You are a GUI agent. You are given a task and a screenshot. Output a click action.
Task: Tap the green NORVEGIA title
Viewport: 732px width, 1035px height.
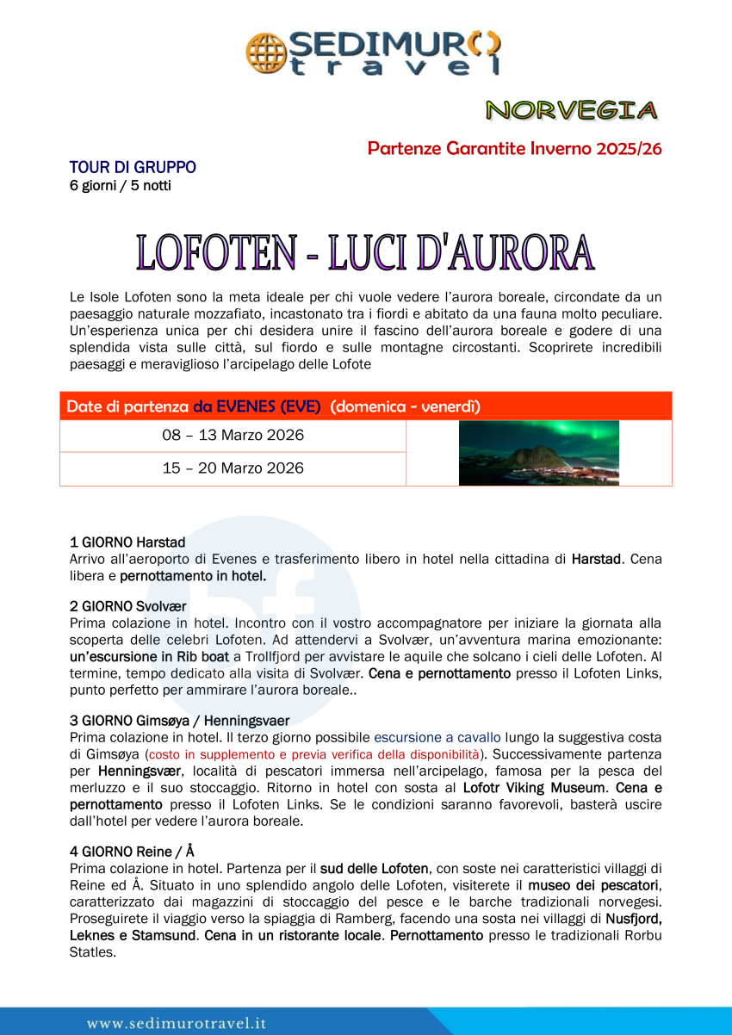coord(571,110)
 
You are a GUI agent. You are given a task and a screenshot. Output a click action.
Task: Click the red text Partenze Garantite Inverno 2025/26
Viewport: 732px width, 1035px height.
coord(514,148)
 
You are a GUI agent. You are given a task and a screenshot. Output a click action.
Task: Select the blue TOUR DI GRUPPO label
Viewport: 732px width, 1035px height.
coord(133,167)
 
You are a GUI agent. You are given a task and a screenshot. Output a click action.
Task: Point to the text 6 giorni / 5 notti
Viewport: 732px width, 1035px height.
coord(120,185)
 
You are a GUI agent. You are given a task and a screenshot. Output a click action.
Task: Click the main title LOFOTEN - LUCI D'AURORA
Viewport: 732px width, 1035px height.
coord(365,251)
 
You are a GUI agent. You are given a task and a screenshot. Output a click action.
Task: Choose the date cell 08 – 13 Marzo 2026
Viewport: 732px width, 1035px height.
coord(233,436)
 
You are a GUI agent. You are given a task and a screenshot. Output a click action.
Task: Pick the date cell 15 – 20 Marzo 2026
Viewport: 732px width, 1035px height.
coord(233,468)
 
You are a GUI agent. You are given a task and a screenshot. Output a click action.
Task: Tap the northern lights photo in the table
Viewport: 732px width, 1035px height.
coord(538,453)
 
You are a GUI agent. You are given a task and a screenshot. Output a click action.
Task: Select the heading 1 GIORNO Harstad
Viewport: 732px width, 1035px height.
coord(127,542)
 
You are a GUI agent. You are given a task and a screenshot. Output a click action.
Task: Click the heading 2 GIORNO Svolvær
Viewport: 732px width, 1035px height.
coord(128,607)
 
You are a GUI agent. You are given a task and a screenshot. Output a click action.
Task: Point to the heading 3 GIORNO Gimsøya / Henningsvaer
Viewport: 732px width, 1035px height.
coord(179,721)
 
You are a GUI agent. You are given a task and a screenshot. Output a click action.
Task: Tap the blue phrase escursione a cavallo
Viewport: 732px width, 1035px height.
coord(437,738)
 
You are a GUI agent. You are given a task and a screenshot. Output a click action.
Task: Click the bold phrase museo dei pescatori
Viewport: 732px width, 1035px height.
coord(593,885)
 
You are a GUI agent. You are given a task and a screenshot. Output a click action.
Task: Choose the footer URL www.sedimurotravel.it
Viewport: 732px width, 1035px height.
coord(177,1023)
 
